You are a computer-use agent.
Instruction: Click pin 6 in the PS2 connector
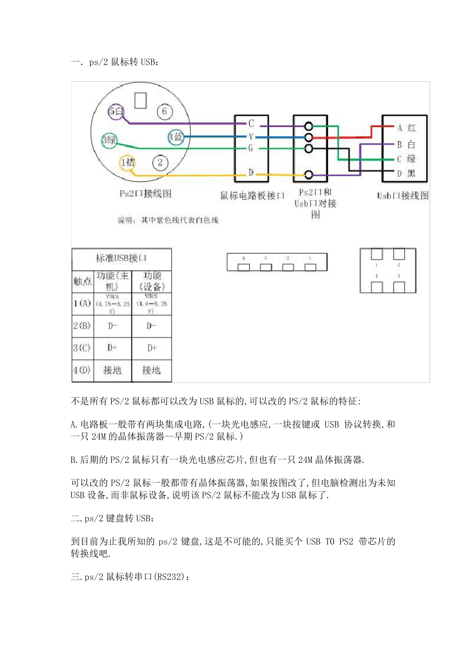(x=164, y=112)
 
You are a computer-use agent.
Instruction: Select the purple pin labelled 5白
(x=116, y=112)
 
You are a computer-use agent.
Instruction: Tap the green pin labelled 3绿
(x=109, y=140)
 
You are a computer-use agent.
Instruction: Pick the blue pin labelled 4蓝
(x=176, y=137)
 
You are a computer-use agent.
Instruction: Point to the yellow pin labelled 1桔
(x=128, y=162)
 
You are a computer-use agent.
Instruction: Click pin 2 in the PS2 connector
(x=160, y=163)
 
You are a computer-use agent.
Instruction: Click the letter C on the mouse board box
(x=251, y=124)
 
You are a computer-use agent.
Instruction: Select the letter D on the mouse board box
(x=251, y=173)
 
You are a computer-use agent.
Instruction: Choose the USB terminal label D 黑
(x=406, y=174)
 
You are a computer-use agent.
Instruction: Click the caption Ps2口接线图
(x=146, y=194)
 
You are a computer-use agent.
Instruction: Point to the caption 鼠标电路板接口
(x=252, y=196)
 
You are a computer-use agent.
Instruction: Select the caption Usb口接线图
(x=403, y=196)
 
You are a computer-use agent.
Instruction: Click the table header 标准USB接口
(x=121, y=258)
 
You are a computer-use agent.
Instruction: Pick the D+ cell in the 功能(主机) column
(x=112, y=348)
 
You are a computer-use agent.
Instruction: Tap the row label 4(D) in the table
(x=82, y=370)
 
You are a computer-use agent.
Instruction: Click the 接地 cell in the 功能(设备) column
(x=152, y=370)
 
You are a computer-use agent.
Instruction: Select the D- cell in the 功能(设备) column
(x=152, y=326)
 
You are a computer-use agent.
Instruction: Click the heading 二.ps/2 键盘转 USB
(x=112, y=518)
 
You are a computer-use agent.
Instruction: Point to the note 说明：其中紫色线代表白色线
(x=168, y=220)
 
